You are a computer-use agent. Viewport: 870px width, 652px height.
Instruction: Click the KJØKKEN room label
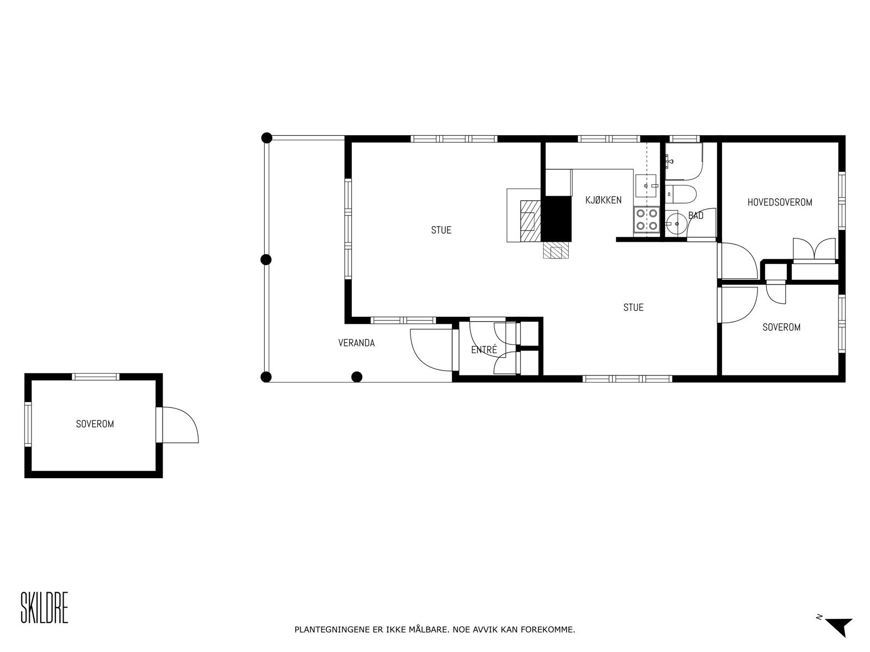coord(603,200)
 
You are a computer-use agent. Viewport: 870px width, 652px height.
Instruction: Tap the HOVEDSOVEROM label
coord(779,202)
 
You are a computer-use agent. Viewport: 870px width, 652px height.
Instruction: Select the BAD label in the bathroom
coord(695,216)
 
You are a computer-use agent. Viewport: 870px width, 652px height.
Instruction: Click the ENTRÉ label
coord(484,350)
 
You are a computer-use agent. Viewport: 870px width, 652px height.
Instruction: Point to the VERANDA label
coord(356,343)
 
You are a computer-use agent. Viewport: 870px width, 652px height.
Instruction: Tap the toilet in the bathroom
coord(682,193)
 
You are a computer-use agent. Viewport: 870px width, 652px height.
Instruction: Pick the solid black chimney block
coord(557,218)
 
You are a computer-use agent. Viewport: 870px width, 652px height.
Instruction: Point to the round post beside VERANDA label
coord(357,376)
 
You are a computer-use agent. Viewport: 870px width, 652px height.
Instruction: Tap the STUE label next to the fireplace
coord(441,230)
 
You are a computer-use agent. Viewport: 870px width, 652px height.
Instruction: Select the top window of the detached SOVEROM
coord(96,377)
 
